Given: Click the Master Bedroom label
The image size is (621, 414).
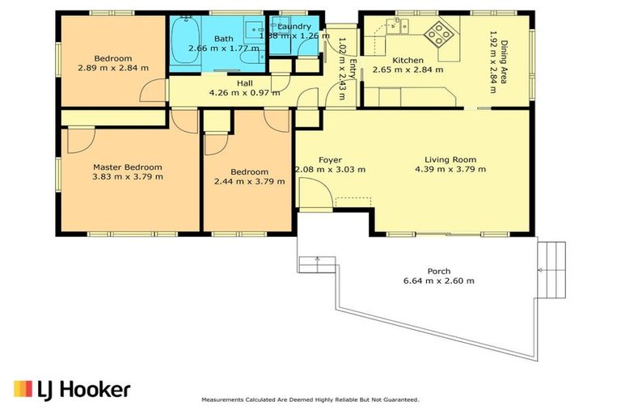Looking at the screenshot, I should pos(127,167).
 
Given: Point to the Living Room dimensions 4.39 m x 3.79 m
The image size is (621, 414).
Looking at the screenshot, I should pos(450,170).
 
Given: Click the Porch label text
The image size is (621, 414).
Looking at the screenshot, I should pos(439,271).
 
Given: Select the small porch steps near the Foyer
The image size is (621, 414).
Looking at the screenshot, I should pos(318,264).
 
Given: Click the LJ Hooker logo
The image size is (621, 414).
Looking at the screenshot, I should pos(72,390).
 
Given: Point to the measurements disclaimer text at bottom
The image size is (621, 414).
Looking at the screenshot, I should pos(310,399).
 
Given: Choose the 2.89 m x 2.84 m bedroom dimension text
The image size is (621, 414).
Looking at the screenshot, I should pos(113,69).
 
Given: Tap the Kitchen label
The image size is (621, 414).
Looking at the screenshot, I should pos(408,61).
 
